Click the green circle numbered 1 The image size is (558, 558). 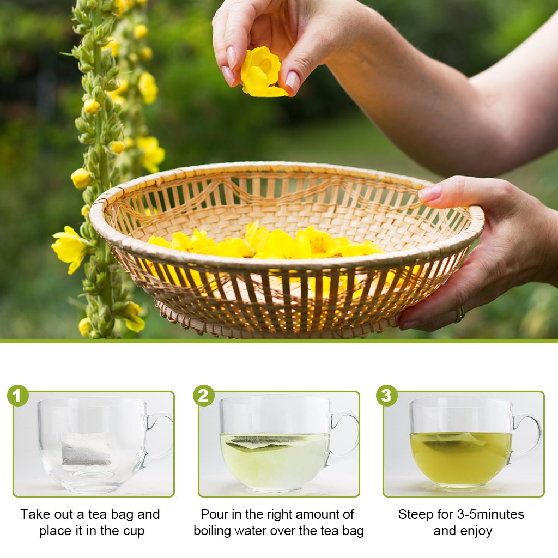click(18, 396)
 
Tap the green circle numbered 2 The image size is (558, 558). click(204, 396)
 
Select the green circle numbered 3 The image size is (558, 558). click(387, 396)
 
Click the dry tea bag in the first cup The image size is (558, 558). click(86, 450)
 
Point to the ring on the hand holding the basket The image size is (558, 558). click(460, 314)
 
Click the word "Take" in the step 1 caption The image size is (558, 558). click(34, 514)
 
